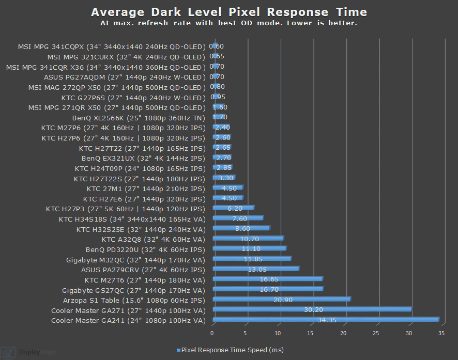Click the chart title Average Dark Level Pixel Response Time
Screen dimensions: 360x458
(229, 12)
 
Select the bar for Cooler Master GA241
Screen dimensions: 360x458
(326, 320)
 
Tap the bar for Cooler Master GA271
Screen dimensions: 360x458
(312, 309)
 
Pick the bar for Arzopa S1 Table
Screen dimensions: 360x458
(282, 299)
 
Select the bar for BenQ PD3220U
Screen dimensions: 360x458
(249, 248)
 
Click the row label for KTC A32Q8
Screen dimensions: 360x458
(153, 239)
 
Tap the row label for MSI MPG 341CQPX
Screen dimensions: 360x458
(111, 46)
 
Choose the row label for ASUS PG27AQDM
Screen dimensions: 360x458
(124, 77)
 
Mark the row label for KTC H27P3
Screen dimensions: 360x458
(125, 209)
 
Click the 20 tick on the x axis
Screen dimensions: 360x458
(343, 333)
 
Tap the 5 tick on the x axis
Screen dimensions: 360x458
(246, 333)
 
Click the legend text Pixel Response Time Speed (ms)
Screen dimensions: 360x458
(232, 350)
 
